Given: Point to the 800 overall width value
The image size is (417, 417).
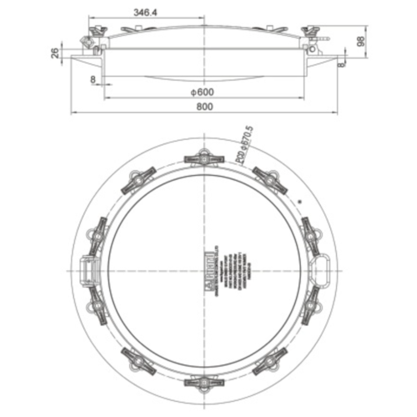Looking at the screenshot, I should [203, 107].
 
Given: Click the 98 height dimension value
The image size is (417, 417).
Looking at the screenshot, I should [361, 42].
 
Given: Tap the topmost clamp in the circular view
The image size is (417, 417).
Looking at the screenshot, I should [204, 157].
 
